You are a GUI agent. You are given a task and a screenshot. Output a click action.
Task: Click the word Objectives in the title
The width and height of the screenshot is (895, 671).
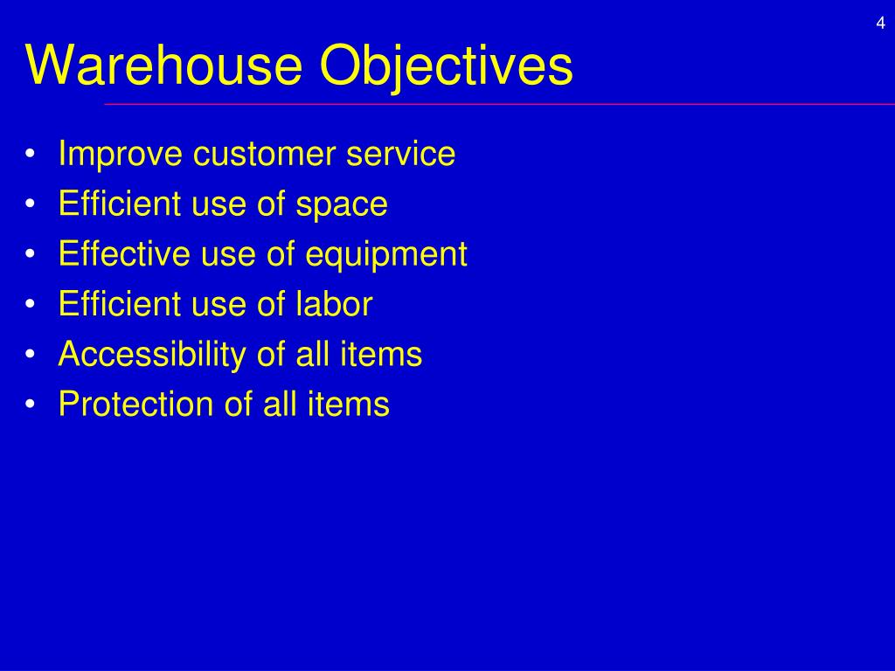click(x=446, y=66)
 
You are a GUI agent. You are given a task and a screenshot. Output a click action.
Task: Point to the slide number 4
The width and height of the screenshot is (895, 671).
click(x=880, y=24)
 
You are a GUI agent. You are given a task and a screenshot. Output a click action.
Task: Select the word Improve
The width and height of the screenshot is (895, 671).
click(x=121, y=155)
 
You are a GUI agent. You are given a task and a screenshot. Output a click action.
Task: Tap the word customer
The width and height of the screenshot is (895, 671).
click(x=265, y=155)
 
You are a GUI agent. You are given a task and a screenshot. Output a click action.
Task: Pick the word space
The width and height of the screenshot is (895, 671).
click(x=342, y=205)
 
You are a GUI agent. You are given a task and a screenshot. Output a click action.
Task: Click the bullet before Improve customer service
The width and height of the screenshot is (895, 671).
click(x=31, y=156)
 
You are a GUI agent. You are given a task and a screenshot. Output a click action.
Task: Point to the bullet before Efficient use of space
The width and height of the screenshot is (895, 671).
click(x=31, y=205)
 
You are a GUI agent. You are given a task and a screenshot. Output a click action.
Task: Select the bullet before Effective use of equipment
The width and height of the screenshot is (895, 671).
click(x=31, y=255)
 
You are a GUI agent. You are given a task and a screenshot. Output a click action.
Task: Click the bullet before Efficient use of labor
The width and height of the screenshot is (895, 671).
click(x=31, y=305)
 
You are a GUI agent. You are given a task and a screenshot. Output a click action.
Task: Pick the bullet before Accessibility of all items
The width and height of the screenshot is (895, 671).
click(x=31, y=356)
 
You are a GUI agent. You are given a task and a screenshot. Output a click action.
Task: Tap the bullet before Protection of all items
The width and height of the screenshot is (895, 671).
click(x=31, y=405)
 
